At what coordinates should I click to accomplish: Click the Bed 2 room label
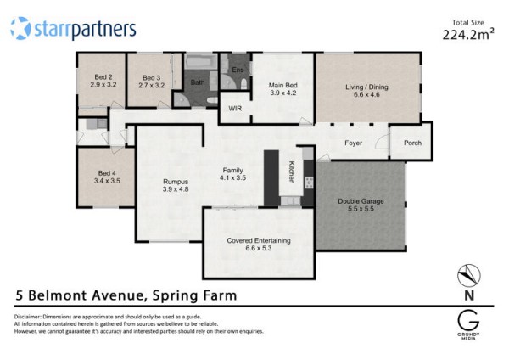click(103, 77)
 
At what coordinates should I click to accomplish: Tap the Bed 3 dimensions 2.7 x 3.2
click(152, 86)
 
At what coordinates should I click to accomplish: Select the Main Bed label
click(283, 85)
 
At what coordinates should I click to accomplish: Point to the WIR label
click(235, 108)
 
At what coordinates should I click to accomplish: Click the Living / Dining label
click(366, 87)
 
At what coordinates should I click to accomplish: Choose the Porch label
click(412, 143)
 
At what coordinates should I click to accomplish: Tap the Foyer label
click(354, 143)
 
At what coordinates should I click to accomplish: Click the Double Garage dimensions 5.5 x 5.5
click(361, 209)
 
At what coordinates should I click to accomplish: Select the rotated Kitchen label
click(292, 172)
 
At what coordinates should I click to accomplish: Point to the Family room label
click(232, 171)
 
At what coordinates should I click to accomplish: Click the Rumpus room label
click(176, 182)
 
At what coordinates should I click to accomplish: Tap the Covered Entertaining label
click(259, 241)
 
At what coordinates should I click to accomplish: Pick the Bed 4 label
click(107, 173)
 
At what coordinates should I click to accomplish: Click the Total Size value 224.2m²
click(468, 34)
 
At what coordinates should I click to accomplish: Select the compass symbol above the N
click(469, 276)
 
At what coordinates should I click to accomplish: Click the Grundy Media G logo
click(468, 321)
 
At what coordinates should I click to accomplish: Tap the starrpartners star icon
click(20, 29)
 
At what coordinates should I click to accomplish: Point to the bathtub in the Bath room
click(201, 61)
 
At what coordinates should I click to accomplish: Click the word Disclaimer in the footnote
click(27, 317)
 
